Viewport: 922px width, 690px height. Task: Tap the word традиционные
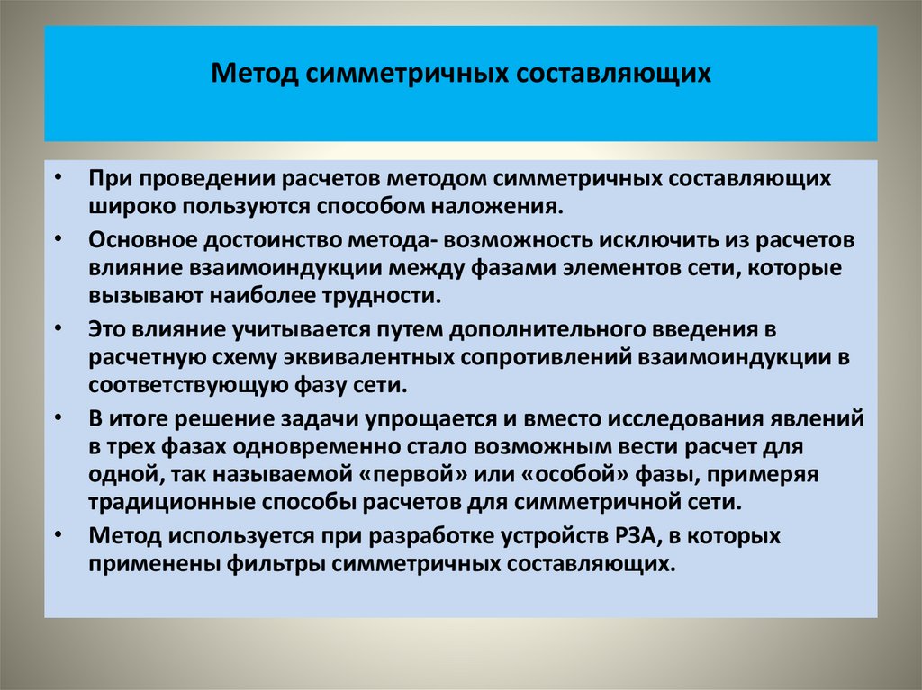170,500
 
